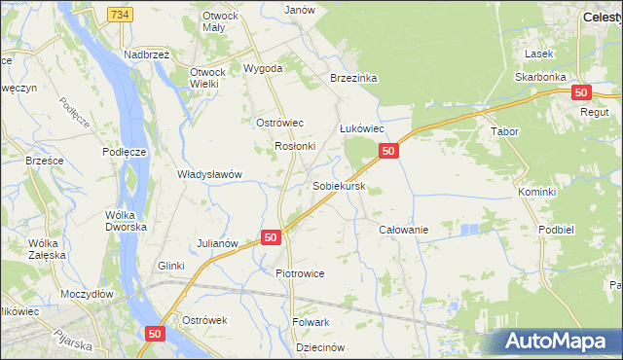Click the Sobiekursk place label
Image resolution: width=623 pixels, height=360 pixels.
pyautogui.click(x=339, y=185)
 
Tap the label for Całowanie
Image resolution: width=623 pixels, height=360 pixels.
pyautogui.click(x=403, y=230)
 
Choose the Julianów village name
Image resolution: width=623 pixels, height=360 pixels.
pyautogui.click(x=218, y=242)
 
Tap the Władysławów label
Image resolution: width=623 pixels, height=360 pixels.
pyautogui.click(x=208, y=174)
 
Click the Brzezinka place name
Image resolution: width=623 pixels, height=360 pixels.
pyautogui.click(x=353, y=78)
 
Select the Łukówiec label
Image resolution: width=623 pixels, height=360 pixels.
pyautogui.click(x=362, y=128)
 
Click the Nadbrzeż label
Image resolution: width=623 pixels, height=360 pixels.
pyautogui.click(x=146, y=55)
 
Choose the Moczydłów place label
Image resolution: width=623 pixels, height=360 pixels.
pyautogui.click(x=86, y=293)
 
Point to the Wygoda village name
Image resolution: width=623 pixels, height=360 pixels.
pyautogui.click(x=263, y=69)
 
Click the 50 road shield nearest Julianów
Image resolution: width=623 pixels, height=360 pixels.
pyautogui.click(x=271, y=236)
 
